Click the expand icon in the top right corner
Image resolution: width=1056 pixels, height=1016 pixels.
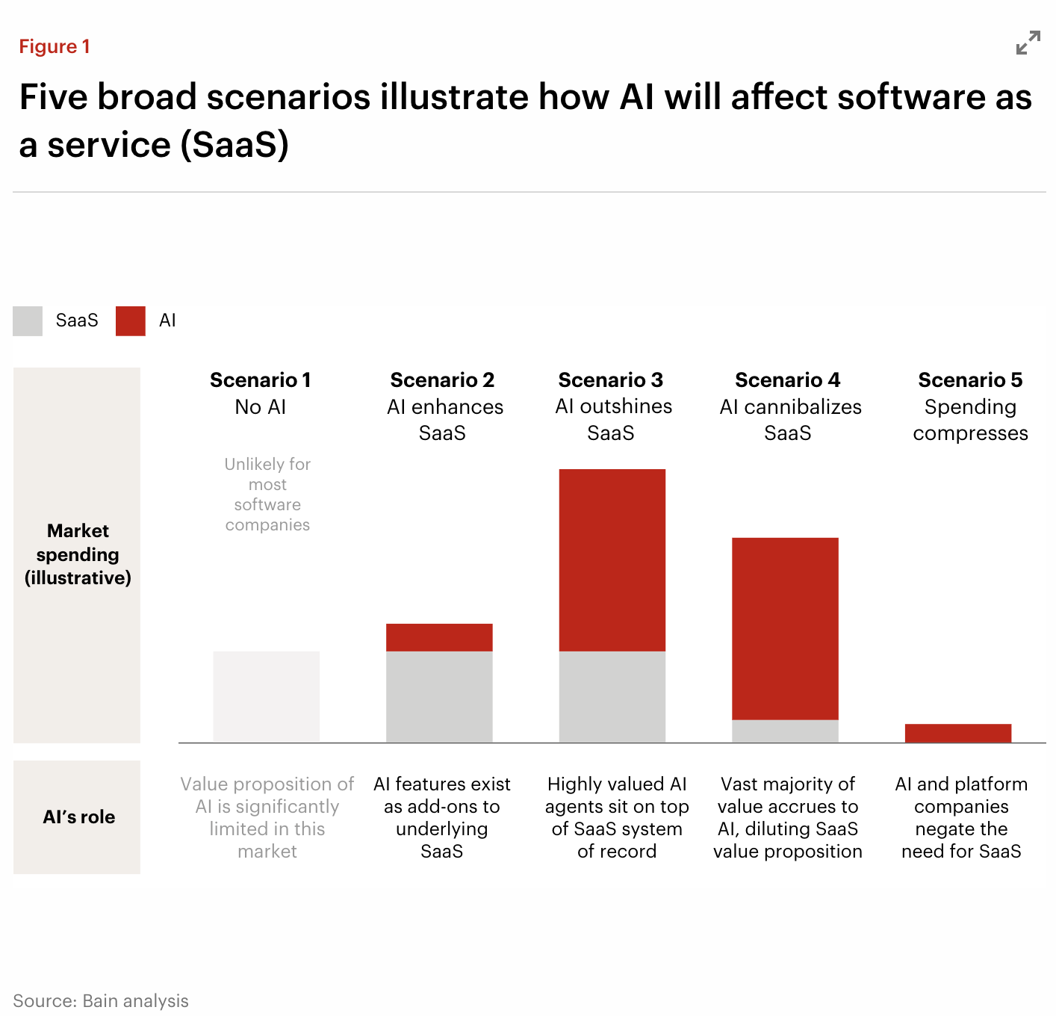1028,43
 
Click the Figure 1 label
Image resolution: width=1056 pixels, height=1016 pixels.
55,46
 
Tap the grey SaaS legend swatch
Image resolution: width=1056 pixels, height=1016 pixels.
28,320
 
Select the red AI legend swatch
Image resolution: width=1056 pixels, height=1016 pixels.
131,320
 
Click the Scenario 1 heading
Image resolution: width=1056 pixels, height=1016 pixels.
260,380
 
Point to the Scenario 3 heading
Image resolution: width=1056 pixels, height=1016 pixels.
610,380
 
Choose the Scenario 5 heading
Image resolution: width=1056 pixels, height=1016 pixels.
970,380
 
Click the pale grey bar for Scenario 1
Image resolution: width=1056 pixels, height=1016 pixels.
266,696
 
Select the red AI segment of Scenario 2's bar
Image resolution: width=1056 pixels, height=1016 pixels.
439,637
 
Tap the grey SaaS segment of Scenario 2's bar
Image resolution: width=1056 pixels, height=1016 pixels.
439,696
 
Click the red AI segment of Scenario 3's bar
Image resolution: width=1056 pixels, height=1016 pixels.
612,560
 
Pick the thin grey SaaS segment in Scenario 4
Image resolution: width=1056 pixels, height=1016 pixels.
785,731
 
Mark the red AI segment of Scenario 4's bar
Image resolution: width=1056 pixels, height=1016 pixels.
785,628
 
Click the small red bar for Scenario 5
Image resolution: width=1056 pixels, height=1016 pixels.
957,733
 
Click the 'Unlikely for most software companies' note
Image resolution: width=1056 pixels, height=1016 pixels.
267,495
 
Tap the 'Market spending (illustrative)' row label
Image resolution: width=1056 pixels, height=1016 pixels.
78,554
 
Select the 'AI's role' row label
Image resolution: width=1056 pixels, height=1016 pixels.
78,817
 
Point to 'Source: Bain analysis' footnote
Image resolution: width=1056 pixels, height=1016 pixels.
101,1001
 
